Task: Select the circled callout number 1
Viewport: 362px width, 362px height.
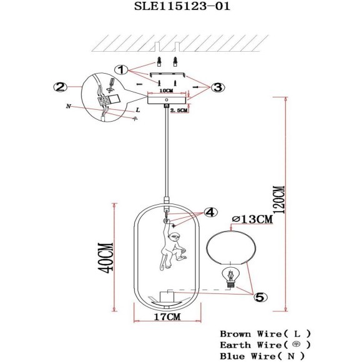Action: pos(122,70)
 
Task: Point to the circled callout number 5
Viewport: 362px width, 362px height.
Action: pos(259,298)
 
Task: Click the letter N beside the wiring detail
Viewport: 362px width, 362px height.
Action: pos(67,107)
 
